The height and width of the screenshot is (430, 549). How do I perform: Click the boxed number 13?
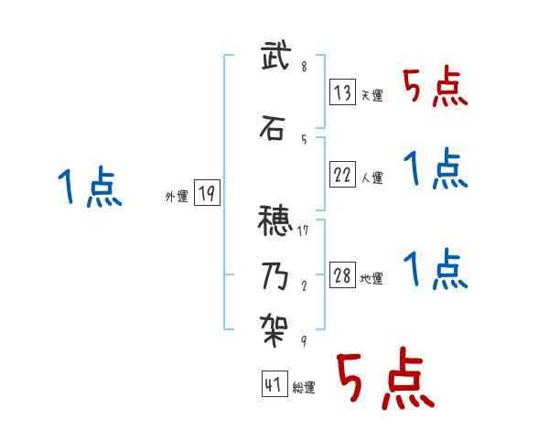(x=343, y=91)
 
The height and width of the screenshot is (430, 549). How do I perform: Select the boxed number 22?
(x=343, y=174)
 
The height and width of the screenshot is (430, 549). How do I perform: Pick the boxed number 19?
(x=207, y=194)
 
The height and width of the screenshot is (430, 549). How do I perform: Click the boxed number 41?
(x=274, y=385)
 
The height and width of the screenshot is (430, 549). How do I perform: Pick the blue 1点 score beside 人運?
(x=436, y=168)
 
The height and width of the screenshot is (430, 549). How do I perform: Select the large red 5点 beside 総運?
(x=383, y=380)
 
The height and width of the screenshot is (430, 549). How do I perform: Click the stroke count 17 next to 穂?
(x=303, y=231)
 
